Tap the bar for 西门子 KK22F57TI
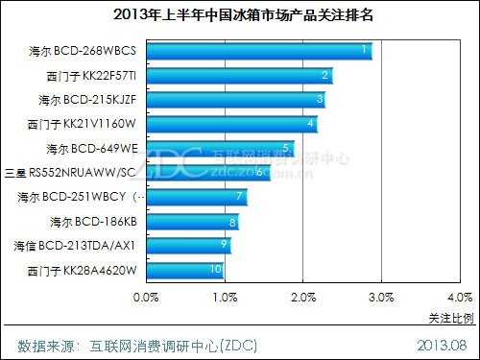pos(239,75)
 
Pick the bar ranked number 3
pos(235,100)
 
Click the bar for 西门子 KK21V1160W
pos(231,124)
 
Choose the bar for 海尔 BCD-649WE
pos(220,148)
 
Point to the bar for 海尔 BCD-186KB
pos(192,222)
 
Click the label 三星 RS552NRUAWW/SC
pos(71,173)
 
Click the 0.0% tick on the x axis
pos(146,297)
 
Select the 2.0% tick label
pos(303,297)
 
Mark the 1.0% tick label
pos(225,297)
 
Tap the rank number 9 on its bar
pos(224,246)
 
